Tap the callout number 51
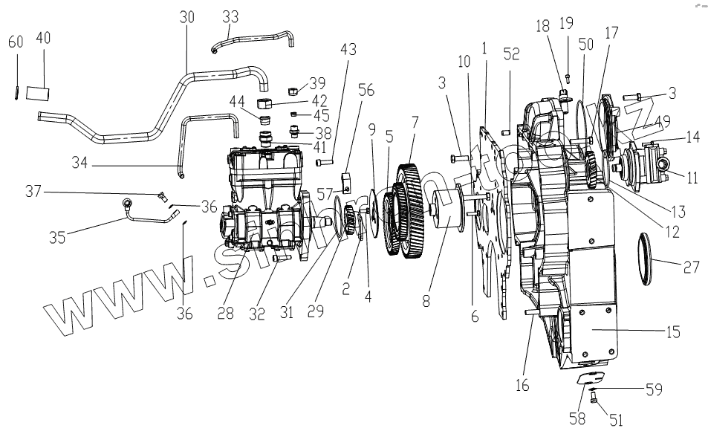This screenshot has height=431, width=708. click(615, 420)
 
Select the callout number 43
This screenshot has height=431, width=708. click(348, 51)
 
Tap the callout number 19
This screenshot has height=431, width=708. click(567, 23)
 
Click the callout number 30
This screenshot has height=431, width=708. click(186, 17)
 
